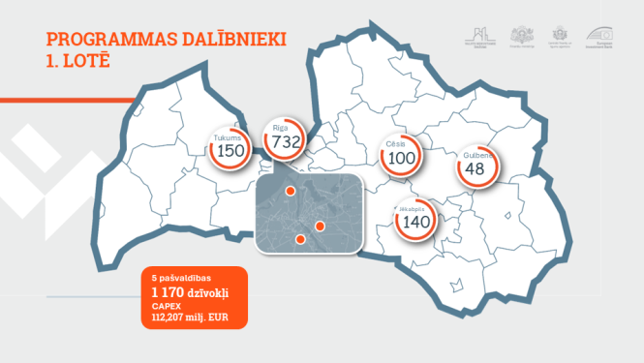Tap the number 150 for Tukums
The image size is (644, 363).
pyautogui.click(x=230, y=151)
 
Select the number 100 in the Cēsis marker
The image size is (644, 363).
pyautogui.click(x=401, y=157)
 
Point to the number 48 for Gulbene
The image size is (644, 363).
pyautogui.click(x=475, y=169)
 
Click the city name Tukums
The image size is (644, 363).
pyautogui.click(x=228, y=138)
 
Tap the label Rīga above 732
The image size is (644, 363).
pyautogui.click(x=282, y=128)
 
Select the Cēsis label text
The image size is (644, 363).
pyautogui.click(x=395, y=143)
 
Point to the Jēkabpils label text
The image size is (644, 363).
pyautogui.click(x=413, y=208)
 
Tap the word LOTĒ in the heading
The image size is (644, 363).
pyautogui.click(x=87, y=60)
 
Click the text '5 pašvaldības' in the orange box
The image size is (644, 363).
pyautogui.click(x=174, y=278)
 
